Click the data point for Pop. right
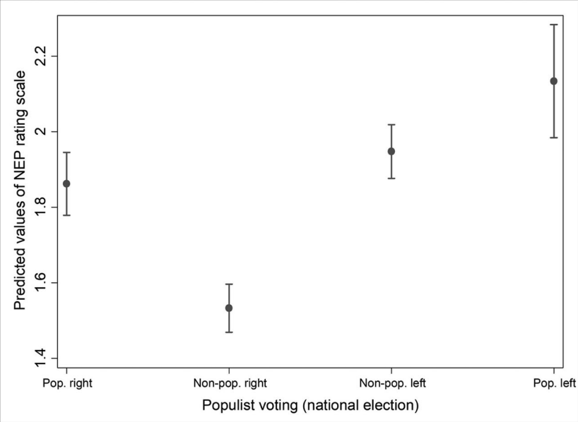[66, 183]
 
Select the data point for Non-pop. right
[229, 308]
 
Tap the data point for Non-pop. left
[391, 151]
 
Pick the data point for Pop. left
[554, 81]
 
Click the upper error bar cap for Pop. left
[554, 25]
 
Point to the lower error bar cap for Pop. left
[554, 138]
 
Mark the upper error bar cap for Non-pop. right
[229, 284]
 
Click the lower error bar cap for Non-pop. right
[229, 332]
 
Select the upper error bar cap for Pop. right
[66, 152]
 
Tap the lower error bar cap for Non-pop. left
[391, 179]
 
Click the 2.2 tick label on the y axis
[41, 56]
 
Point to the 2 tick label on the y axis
[41, 131]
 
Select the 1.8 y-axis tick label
[41, 207]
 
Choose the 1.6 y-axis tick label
[41, 283]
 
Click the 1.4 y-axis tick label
[41, 358]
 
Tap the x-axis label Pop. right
[67, 383]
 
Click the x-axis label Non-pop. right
[230, 383]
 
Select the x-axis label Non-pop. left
[393, 383]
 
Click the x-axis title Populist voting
[250, 405]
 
